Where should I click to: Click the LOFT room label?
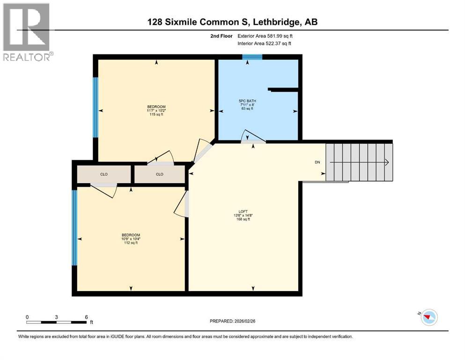(243, 211)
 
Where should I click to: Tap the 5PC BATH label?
(247, 101)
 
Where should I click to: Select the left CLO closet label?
(104, 174)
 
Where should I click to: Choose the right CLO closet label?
(160, 174)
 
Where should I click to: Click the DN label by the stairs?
(317, 162)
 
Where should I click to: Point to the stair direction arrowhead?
(387, 162)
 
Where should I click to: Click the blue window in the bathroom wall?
(252, 57)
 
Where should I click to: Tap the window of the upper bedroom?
(96, 107)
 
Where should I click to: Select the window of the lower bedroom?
(74, 228)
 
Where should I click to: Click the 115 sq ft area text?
(156, 114)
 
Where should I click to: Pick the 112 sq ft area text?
(131, 242)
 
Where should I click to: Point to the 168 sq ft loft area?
(243, 219)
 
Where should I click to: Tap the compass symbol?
(429, 317)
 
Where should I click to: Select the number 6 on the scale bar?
(86, 317)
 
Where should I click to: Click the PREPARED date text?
(232, 321)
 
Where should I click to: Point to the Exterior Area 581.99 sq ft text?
(265, 36)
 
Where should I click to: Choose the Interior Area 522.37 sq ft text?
(264, 43)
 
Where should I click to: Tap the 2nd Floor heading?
(221, 36)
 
